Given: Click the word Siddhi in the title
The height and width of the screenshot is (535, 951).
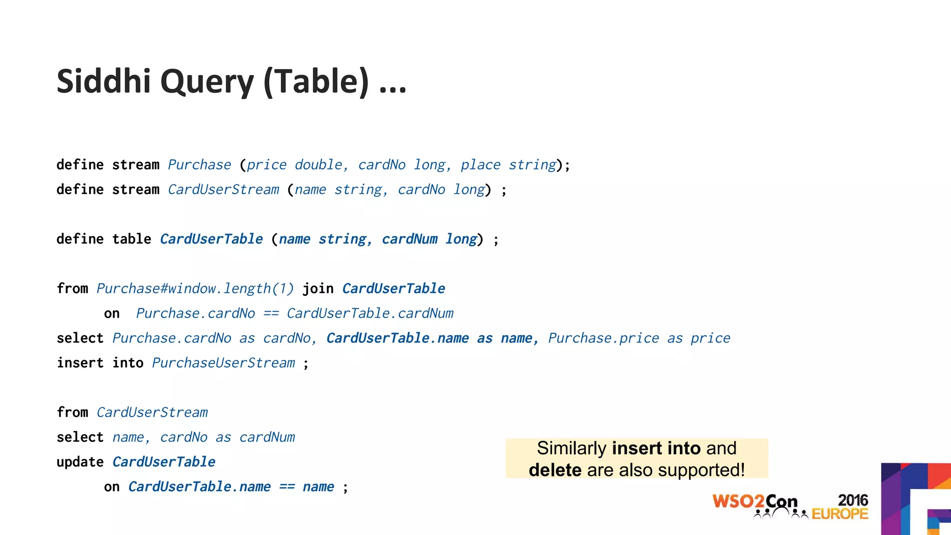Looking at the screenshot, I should (104, 81).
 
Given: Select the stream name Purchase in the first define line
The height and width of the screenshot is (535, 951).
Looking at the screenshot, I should (199, 165).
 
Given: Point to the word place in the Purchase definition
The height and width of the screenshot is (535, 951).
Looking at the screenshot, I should (480, 165).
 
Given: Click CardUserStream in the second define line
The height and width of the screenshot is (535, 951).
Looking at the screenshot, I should (223, 189).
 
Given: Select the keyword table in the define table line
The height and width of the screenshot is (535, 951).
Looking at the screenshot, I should (131, 239).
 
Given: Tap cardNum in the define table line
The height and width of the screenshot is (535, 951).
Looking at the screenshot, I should (410, 239).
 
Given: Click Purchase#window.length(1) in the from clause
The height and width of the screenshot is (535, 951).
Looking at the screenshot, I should (195, 289).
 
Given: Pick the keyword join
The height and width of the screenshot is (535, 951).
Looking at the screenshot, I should (318, 289).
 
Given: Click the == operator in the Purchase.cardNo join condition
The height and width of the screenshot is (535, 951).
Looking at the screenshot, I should (271, 313).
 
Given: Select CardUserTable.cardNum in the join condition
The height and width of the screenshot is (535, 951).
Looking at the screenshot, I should (370, 313).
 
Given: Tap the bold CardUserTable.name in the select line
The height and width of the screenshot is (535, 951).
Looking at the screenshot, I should (397, 338).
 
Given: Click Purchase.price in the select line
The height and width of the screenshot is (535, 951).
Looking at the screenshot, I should (603, 338).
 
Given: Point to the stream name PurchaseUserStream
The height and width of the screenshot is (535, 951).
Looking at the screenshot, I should (223, 363).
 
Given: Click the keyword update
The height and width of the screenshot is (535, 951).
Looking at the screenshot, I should (80, 462).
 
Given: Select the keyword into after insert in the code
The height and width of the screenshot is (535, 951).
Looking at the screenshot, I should (128, 363).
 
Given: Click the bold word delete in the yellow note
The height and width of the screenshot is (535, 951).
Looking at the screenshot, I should (555, 470).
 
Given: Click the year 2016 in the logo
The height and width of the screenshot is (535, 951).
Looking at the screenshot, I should (853, 500).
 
